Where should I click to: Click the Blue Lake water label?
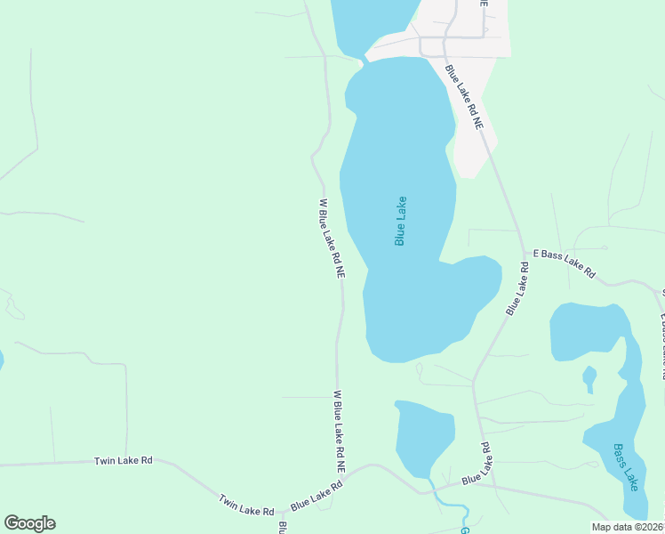tap(400, 221)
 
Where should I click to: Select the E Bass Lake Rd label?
tap(565, 264)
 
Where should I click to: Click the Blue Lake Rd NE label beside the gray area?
tap(464, 98)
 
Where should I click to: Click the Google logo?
tap(29, 523)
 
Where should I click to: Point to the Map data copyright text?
tap(627, 527)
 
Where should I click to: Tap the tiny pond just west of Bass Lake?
tap(589, 378)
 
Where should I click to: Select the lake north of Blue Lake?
tap(369, 22)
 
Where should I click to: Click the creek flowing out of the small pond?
tap(453, 512)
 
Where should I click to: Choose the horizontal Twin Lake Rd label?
tap(124, 460)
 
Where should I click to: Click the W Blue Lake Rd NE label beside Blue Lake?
tap(331, 239)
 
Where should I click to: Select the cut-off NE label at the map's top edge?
tap(484, 4)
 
